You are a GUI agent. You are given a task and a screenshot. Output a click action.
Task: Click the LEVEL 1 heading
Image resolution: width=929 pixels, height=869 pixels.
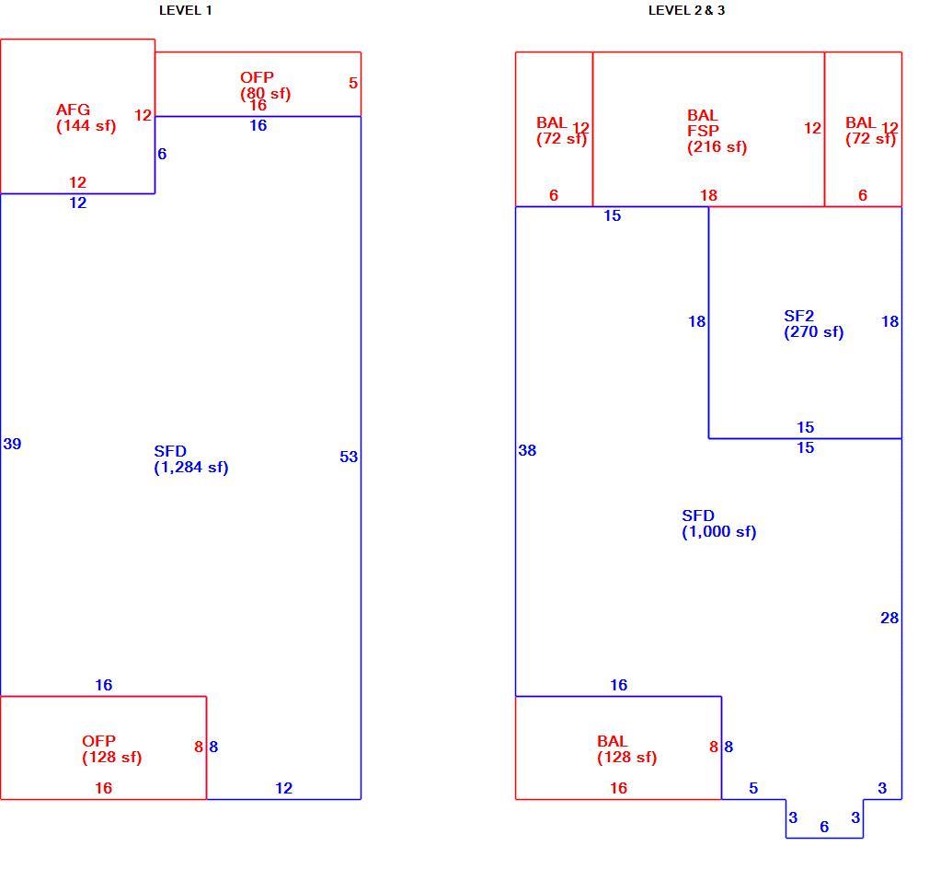[186, 10]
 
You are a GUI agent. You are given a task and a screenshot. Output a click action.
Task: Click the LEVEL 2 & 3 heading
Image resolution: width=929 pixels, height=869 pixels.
[687, 10]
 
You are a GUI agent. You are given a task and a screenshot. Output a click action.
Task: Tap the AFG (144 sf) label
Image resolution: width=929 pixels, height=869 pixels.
[86, 117]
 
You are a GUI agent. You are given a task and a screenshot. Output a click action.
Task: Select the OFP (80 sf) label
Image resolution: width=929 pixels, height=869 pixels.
[266, 86]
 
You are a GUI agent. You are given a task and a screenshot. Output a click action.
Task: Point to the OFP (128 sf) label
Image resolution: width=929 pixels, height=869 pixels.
[112, 749]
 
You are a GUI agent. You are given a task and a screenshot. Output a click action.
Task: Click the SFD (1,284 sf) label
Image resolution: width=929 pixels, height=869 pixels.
[190, 459]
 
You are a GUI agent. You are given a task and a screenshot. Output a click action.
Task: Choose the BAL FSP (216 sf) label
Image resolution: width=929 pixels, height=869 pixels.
[717, 131]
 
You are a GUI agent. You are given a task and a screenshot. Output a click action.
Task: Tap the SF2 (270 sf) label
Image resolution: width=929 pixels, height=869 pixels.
[813, 324]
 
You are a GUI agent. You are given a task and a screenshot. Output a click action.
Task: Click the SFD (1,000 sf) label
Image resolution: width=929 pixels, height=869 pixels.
[718, 524]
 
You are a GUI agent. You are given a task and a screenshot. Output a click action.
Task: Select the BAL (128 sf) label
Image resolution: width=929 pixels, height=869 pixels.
[626, 749]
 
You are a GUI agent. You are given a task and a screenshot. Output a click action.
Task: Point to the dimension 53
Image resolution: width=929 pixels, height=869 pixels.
[349, 457]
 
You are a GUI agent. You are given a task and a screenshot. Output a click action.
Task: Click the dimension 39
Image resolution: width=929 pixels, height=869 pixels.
[12, 444]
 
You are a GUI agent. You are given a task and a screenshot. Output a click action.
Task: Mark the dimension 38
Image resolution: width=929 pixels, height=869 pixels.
[527, 450]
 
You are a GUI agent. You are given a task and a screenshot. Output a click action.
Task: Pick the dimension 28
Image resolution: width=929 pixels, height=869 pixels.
[889, 618]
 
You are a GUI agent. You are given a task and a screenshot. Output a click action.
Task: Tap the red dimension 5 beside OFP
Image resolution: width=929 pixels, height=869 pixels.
[353, 83]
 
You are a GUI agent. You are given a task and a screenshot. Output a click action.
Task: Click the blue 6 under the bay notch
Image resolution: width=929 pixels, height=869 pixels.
[824, 827]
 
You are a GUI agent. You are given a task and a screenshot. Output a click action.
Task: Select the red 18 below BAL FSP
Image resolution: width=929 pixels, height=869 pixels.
[708, 195]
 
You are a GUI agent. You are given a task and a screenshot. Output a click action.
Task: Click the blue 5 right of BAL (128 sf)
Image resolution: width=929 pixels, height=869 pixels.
[753, 788]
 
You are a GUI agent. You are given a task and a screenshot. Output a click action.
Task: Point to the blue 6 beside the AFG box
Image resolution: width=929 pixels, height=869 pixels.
[162, 154]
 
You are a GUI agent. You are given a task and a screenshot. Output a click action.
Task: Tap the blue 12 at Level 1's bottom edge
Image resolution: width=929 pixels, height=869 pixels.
[284, 788]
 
